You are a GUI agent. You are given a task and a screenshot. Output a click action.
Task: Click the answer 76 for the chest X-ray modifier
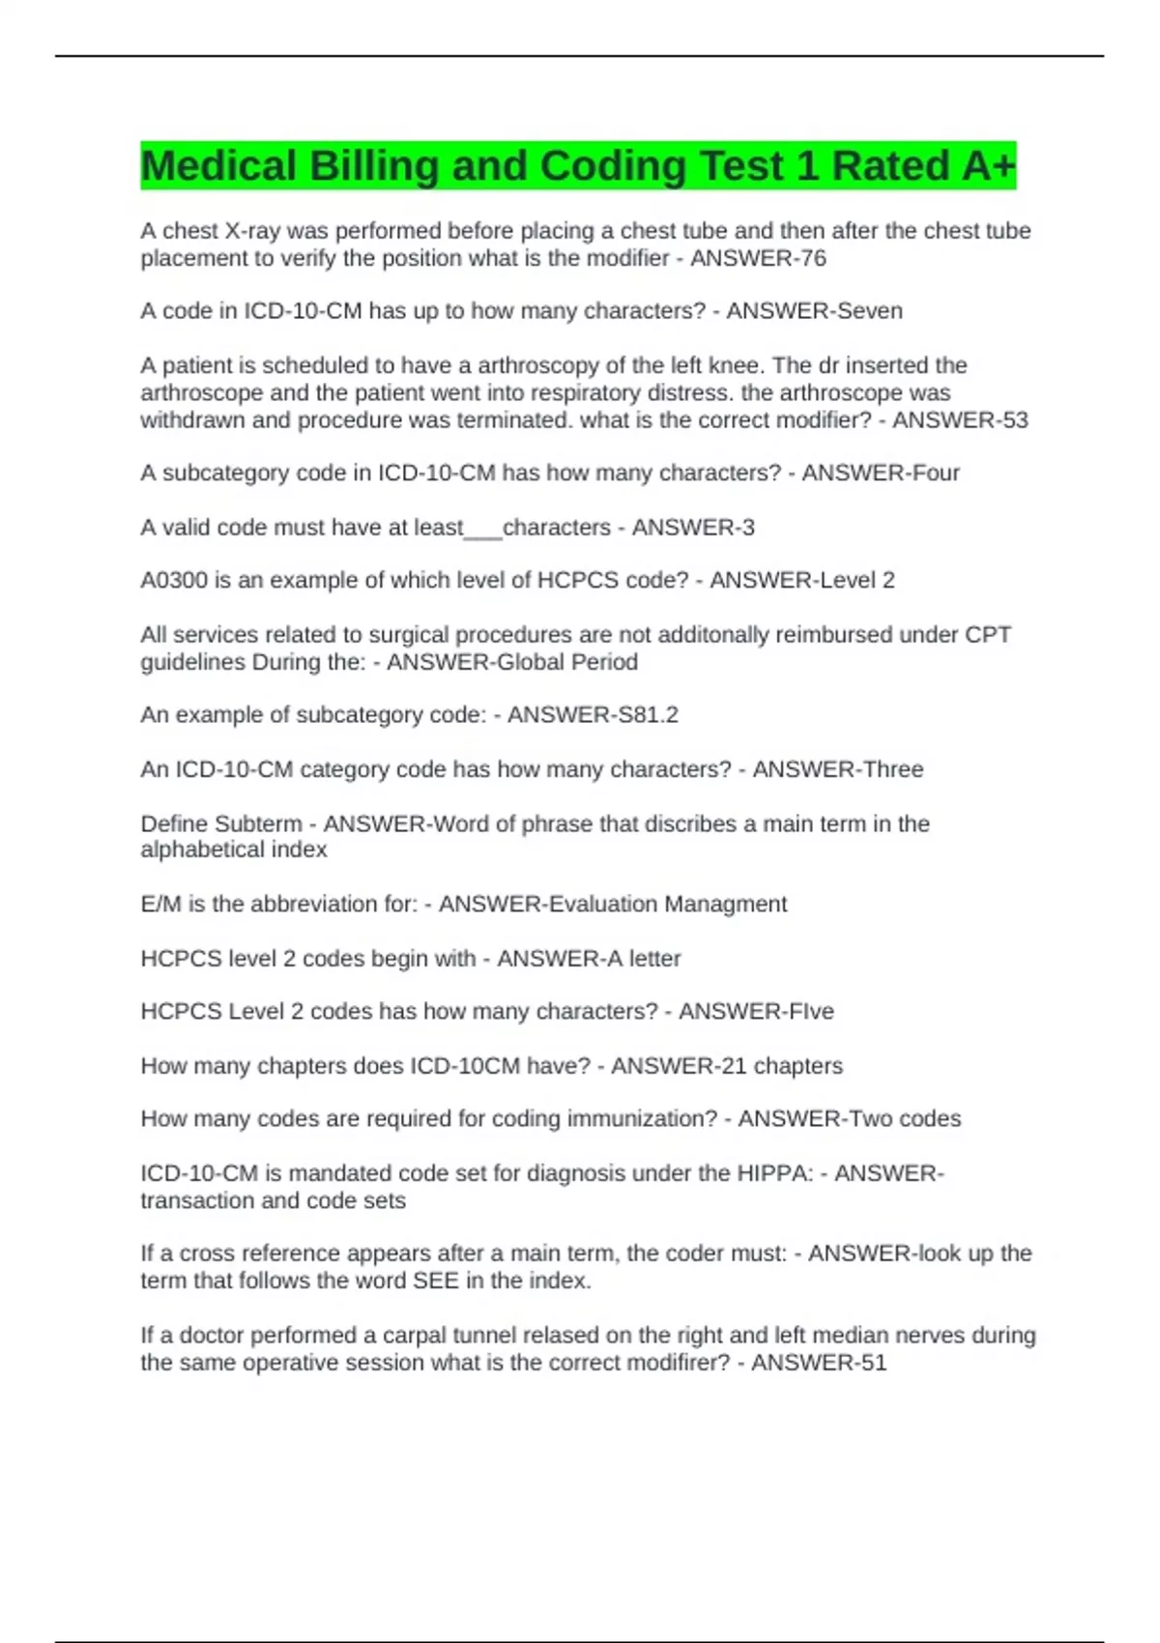(814, 259)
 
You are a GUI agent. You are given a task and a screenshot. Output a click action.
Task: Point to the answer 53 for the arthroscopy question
(1014, 420)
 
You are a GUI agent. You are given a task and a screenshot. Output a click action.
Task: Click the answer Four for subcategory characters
(935, 473)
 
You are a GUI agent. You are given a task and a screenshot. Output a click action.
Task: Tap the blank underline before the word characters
(483, 529)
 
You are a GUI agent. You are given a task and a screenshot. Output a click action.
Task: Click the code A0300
(174, 580)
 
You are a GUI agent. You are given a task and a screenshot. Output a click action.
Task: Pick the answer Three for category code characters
(890, 769)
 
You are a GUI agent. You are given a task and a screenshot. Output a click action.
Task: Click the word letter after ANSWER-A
(654, 959)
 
